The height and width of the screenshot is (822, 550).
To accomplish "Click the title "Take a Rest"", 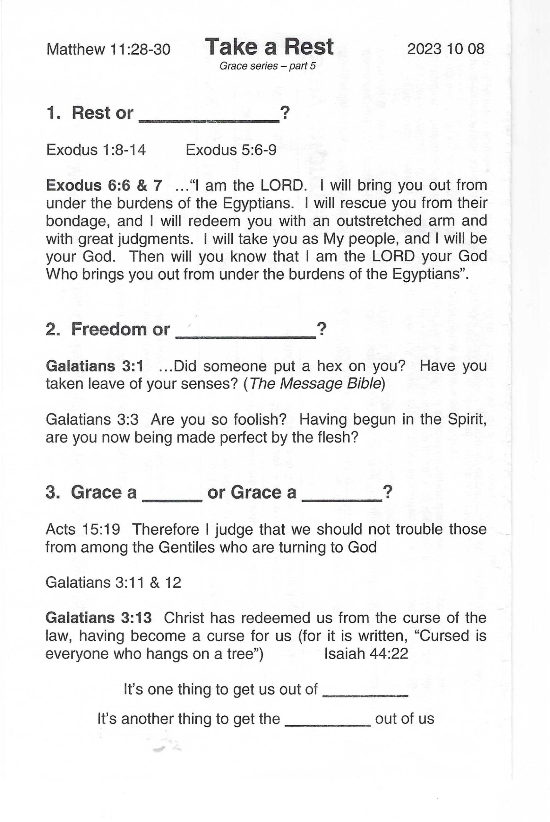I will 269,47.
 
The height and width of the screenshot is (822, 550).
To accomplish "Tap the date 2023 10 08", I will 445,49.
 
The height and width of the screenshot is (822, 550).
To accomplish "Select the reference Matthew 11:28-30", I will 108,49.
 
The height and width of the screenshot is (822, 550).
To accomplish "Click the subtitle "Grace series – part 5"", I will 267,66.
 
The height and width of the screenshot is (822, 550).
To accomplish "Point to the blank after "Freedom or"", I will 245,333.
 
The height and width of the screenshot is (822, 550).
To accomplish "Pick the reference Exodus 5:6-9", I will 231,150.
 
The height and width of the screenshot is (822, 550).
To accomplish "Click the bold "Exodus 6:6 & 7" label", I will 104,185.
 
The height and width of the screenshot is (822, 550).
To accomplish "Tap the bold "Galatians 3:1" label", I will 94,366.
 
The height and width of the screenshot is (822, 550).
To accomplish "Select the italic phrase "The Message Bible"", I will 315,384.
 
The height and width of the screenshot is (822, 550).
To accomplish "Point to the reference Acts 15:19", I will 83,529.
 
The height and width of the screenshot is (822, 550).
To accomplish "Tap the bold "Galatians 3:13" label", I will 99,618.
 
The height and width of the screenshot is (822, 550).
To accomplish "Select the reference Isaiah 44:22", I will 366,653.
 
